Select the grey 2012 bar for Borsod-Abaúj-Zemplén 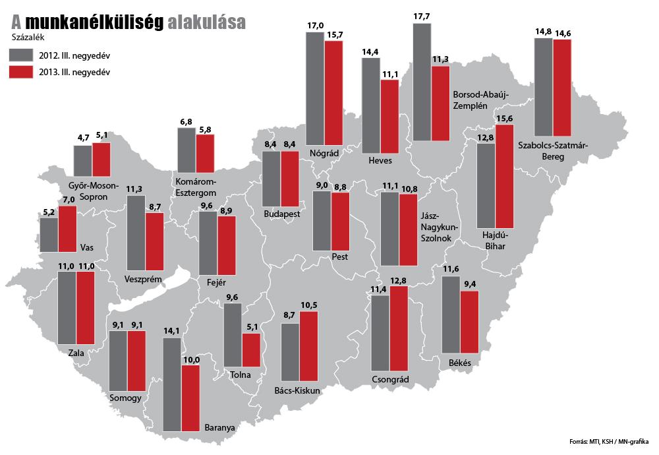[422, 82]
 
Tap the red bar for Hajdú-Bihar [503, 176]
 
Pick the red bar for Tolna [251, 349]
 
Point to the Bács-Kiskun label [297, 390]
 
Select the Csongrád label [390, 380]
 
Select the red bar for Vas [67, 229]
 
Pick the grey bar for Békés [451, 315]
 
